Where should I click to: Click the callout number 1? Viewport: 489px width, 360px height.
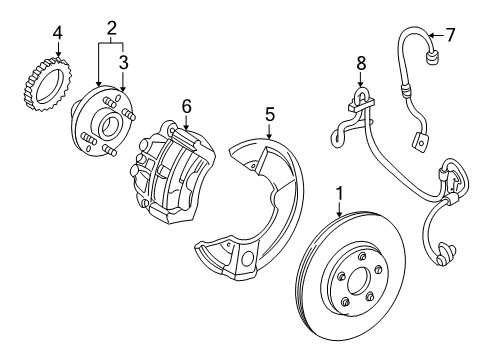[339, 194]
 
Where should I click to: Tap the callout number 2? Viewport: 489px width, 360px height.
[112, 28]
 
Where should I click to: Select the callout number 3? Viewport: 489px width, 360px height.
[124, 62]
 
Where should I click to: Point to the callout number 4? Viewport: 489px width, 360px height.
[58, 33]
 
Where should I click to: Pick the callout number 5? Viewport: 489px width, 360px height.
[270, 114]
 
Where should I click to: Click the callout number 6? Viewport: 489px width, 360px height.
[187, 106]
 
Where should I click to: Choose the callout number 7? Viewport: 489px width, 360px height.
[450, 35]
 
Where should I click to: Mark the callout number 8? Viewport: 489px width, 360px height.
[361, 63]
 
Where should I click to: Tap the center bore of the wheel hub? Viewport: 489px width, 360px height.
[108, 127]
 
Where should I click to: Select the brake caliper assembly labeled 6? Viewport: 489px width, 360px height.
[173, 172]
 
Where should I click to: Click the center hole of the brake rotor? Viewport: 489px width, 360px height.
[359, 282]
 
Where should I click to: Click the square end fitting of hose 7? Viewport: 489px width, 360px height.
[419, 143]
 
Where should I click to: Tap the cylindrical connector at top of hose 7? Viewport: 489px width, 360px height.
[433, 56]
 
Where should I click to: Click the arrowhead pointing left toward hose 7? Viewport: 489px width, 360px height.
[431, 35]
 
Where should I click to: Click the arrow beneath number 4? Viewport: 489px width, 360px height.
[58, 49]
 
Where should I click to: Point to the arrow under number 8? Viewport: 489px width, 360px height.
[360, 79]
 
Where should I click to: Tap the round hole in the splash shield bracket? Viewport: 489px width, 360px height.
[247, 259]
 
